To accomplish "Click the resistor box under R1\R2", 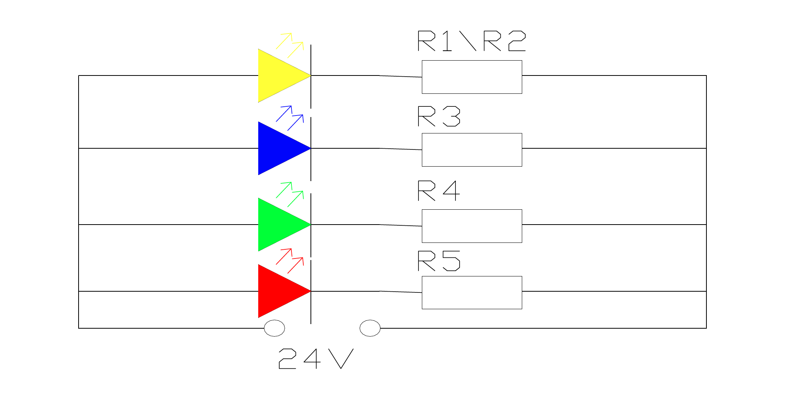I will [472, 77].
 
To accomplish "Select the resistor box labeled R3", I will [472, 150].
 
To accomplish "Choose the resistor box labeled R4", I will [472, 226].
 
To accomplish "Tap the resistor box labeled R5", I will [472, 292].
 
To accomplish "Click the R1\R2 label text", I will [472, 41].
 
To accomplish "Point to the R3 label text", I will [439, 116].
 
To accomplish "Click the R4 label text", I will [439, 191].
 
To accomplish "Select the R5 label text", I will [439, 261].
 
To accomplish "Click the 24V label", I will [316, 359].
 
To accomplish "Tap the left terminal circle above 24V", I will [274, 328].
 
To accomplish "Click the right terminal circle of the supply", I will [370, 328].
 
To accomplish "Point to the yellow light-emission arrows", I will [290, 45].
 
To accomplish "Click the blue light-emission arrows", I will [290, 118].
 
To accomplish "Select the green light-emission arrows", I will [290, 194].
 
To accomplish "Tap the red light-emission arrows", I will [290, 261].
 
